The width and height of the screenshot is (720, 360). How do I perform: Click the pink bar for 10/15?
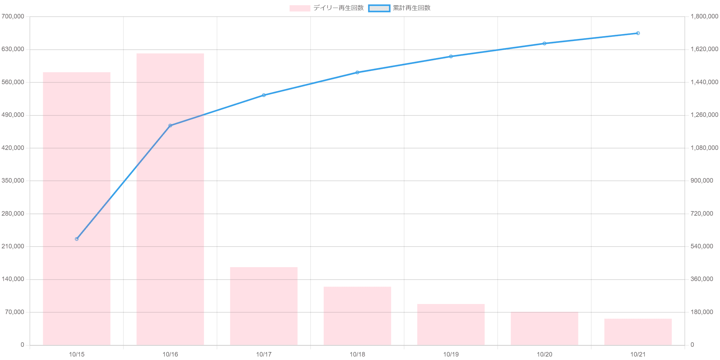click(x=77, y=209)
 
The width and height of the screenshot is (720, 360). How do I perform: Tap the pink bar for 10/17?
click(x=264, y=306)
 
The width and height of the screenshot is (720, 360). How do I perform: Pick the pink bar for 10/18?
click(x=357, y=316)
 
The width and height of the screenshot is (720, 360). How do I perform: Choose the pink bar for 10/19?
click(x=451, y=325)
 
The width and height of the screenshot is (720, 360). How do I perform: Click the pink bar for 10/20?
click(x=544, y=328)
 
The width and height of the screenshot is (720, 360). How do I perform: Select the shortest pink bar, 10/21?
click(x=638, y=332)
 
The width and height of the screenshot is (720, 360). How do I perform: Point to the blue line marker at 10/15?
click(x=77, y=239)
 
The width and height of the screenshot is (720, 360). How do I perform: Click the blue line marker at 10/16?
click(x=170, y=125)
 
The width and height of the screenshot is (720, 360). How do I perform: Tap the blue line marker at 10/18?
click(x=357, y=72)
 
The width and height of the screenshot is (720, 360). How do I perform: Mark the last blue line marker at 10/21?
click(x=638, y=33)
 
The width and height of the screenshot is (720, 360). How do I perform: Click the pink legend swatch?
click(x=299, y=8)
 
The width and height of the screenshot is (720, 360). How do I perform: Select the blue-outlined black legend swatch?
click(x=379, y=8)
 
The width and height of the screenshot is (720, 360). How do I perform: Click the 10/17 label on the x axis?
click(x=264, y=355)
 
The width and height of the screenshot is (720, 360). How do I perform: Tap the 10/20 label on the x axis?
click(x=544, y=355)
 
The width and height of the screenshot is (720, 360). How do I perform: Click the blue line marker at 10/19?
click(x=451, y=56)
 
